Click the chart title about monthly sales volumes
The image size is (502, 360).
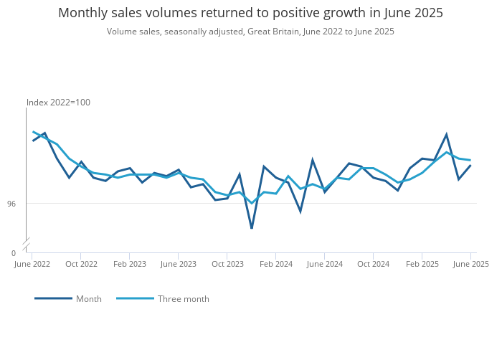[250, 13]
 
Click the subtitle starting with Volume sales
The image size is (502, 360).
[250, 32]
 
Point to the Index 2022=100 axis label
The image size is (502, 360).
[58, 103]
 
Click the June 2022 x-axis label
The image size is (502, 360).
[32, 264]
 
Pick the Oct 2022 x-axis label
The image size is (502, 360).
[81, 264]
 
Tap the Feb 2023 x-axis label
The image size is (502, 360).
[130, 264]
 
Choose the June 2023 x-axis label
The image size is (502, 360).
[179, 264]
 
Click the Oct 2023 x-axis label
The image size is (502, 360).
[227, 264]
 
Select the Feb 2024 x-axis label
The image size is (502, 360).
[276, 264]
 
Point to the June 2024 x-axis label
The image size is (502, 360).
[325, 264]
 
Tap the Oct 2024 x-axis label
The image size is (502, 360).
[374, 264]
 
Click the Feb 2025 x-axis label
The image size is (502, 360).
[422, 264]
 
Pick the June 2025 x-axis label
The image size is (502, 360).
[470, 264]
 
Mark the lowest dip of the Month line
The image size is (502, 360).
[252, 228]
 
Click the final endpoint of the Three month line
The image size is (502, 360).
[470, 160]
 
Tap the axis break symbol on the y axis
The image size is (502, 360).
[27, 242]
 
